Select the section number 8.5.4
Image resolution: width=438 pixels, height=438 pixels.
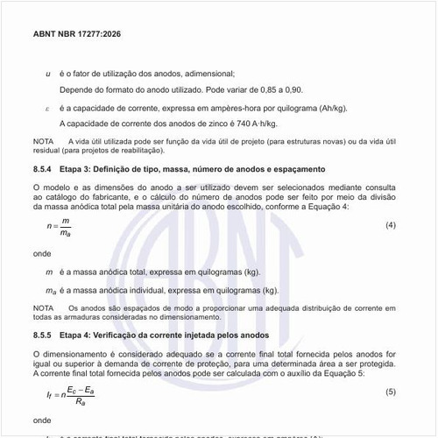pos(43,168)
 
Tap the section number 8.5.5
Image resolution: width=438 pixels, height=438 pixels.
pos(43,336)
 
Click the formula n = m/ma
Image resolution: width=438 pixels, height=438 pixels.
pos(60,227)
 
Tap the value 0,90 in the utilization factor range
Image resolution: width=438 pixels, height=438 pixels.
pos(293,90)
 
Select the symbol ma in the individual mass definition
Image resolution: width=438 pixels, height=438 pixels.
pos(49,290)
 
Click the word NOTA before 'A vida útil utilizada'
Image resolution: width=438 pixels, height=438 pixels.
pos(43,141)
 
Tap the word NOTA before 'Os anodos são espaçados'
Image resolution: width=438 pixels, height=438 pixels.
pos(43,308)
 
